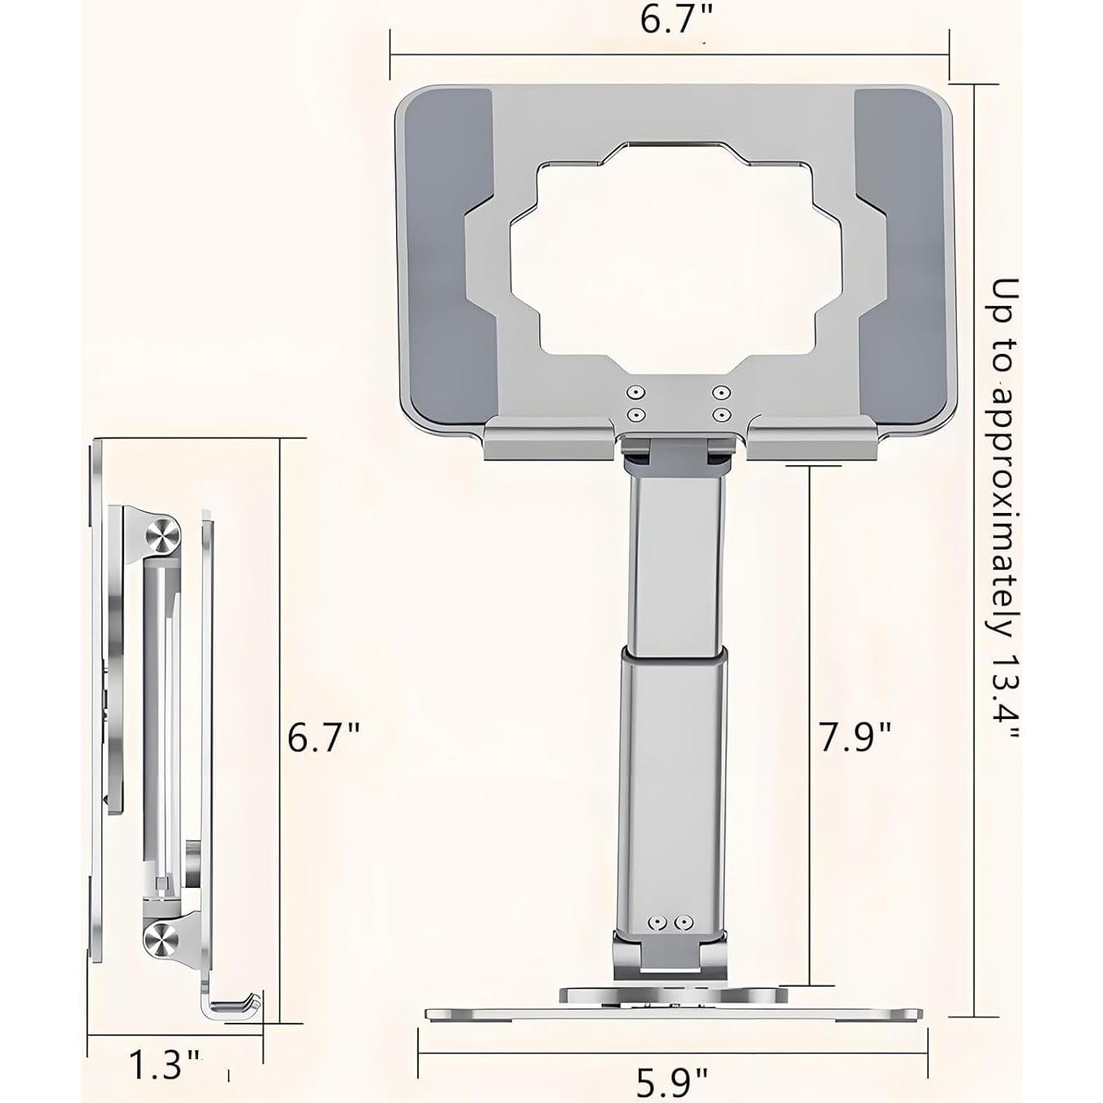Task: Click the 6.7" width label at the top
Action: click(670, 19)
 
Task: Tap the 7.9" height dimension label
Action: click(855, 737)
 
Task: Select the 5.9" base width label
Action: click(671, 1083)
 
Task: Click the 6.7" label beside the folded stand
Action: click(323, 739)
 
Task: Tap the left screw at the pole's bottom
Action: click(658, 923)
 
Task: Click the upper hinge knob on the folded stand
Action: click(162, 537)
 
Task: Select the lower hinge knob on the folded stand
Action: click(162, 940)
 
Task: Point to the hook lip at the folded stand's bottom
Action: click(235, 1006)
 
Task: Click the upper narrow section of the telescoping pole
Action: click(673, 560)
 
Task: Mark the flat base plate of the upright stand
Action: click(674, 1015)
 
